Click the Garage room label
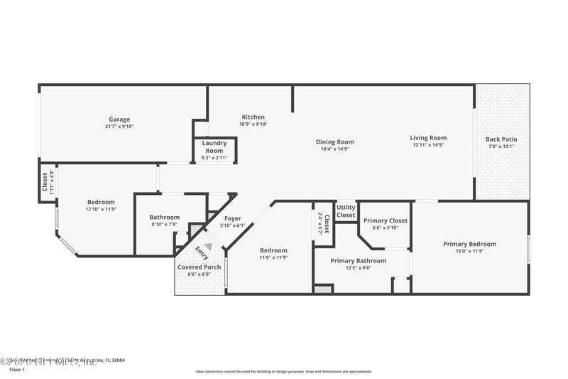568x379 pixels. pos(119,119)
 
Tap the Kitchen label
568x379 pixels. pos(253,117)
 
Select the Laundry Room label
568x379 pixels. pos(214,147)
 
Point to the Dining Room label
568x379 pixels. pos(334,142)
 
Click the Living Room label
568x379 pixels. pos(428,138)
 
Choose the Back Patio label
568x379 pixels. pos(501,139)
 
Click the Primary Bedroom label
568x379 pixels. pos(469,244)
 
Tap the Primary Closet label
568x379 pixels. pos(386,221)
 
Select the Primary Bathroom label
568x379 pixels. pos(359,261)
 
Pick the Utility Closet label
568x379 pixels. pos(346,211)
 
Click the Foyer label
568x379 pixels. pos(233,218)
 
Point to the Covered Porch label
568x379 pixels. pos(200,267)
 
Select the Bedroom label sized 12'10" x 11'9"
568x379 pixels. pos(100,202)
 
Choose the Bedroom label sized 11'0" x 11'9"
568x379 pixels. pos(273,250)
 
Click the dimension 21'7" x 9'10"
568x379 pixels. pos(119,127)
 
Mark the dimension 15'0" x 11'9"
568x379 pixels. pos(469,251)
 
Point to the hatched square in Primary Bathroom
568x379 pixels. pos(323,289)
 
